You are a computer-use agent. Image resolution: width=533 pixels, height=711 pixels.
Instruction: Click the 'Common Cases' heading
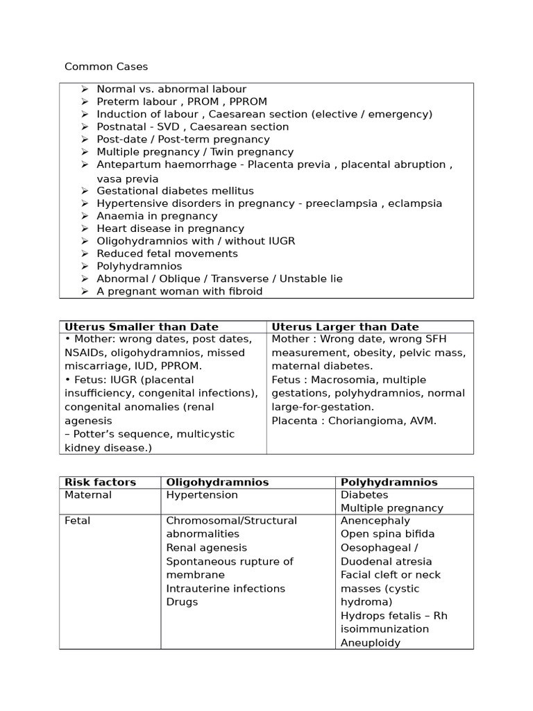[106, 67]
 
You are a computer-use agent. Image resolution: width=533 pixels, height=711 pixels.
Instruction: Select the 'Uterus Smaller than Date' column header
[142, 327]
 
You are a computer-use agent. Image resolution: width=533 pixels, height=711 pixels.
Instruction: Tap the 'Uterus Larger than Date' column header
[345, 327]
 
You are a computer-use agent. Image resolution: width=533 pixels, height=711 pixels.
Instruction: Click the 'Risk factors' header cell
[100, 482]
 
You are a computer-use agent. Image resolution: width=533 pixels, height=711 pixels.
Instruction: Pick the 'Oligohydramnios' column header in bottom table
[217, 482]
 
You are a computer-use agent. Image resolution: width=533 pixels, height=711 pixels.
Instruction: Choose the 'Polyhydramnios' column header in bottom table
[389, 482]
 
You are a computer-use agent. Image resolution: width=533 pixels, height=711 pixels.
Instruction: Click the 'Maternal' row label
[88, 495]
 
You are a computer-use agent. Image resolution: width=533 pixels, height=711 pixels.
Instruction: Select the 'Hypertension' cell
[202, 495]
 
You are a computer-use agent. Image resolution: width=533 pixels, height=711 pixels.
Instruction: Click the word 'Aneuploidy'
[371, 643]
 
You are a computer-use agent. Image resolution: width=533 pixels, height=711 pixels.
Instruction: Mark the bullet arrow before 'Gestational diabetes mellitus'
[85, 191]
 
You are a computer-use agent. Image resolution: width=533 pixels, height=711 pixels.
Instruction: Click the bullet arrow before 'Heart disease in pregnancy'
[85, 228]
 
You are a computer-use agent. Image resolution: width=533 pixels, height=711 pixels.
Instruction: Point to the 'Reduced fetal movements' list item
[167, 253]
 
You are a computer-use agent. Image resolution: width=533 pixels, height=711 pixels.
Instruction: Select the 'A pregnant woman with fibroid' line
[179, 292]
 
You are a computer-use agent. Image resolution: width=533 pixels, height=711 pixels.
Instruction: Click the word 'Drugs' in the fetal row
[182, 602]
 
